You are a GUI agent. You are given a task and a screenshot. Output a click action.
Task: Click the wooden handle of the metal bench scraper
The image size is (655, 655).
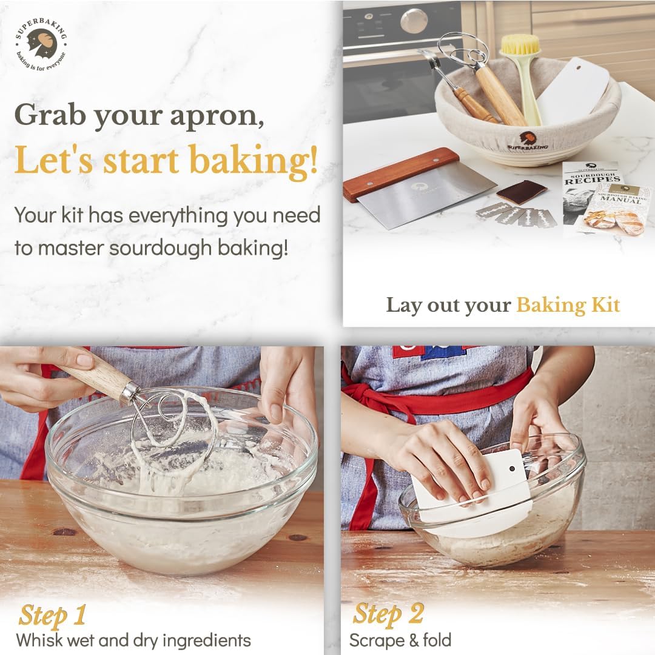(x=401, y=173)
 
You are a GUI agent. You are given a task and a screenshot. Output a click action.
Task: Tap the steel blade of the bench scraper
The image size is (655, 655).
(x=425, y=198)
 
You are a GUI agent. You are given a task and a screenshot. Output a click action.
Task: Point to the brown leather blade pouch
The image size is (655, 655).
(x=522, y=192)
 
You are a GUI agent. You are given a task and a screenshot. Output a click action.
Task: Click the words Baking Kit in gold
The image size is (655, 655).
(x=568, y=304)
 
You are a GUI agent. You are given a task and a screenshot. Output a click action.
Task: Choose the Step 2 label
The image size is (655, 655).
(x=388, y=614)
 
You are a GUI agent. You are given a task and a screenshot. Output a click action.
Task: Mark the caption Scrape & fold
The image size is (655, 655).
(x=400, y=640)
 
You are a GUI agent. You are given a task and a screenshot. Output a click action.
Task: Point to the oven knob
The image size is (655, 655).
(x=414, y=21)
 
